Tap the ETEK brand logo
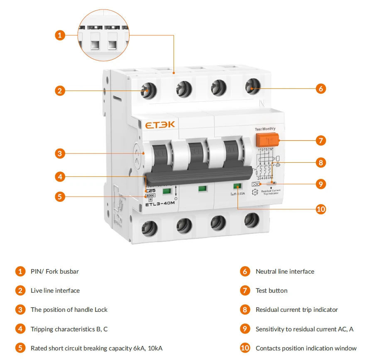160,125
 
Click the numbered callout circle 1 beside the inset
60,35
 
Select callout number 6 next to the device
321,88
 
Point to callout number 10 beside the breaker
321,209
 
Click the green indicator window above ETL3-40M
167,191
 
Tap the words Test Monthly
265,129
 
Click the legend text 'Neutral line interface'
285,272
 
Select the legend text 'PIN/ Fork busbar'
55,272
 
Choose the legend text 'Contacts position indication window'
306,348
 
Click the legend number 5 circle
20,348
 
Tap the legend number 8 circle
245,310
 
